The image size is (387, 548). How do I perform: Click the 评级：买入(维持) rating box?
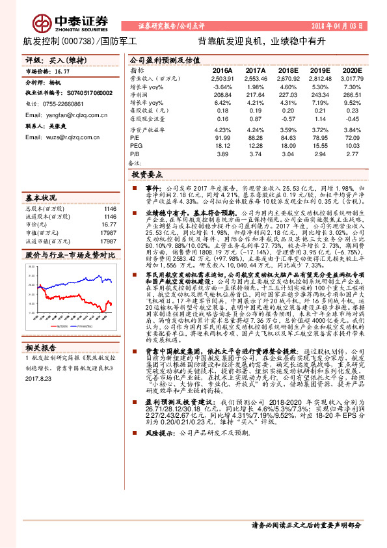(49, 60)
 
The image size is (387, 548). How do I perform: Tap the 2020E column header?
(351, 70)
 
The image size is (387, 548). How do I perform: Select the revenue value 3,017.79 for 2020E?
(351, 78)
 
